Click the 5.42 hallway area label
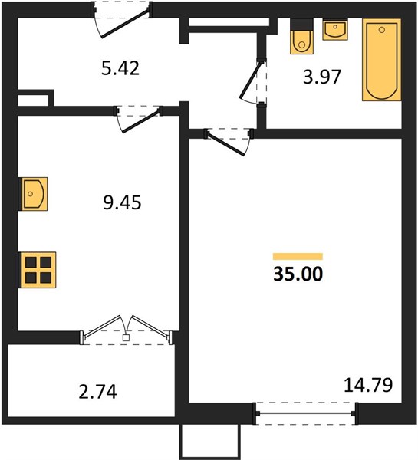coord(120,68)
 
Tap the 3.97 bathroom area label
coord(322,77)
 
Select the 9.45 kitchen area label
coord(122,202)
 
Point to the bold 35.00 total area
coord(298,274)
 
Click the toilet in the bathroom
coord(301,36)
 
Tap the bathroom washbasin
coord(335,29)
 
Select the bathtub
coord(382,60)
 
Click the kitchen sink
coord(32,194)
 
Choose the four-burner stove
coord(37,270)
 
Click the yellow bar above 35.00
coord(298,256)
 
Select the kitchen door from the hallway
coord(139,119)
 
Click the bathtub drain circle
coord(382,30)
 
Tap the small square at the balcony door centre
coord(127,337)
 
